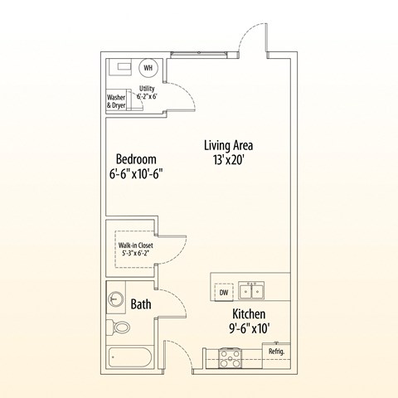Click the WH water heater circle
click(148, 68)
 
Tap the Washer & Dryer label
click(116, 101)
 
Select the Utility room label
click(147, 89)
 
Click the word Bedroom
click(136, 159)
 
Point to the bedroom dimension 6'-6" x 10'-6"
click(136, 174)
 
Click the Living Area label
click(228, 145)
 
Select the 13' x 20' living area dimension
click(228, 160)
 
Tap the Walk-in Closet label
click(136, 245)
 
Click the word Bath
click(141, 304)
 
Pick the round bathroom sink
click(115, 298)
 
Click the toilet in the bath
click(119, 328)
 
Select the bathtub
click(130, 357)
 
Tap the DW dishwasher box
click(224, 292)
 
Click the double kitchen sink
click(251, 290)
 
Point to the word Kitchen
click(249, 314)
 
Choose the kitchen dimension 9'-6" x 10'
click(250, 328)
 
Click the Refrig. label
click(276, 352)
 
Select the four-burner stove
click(230, 358)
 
